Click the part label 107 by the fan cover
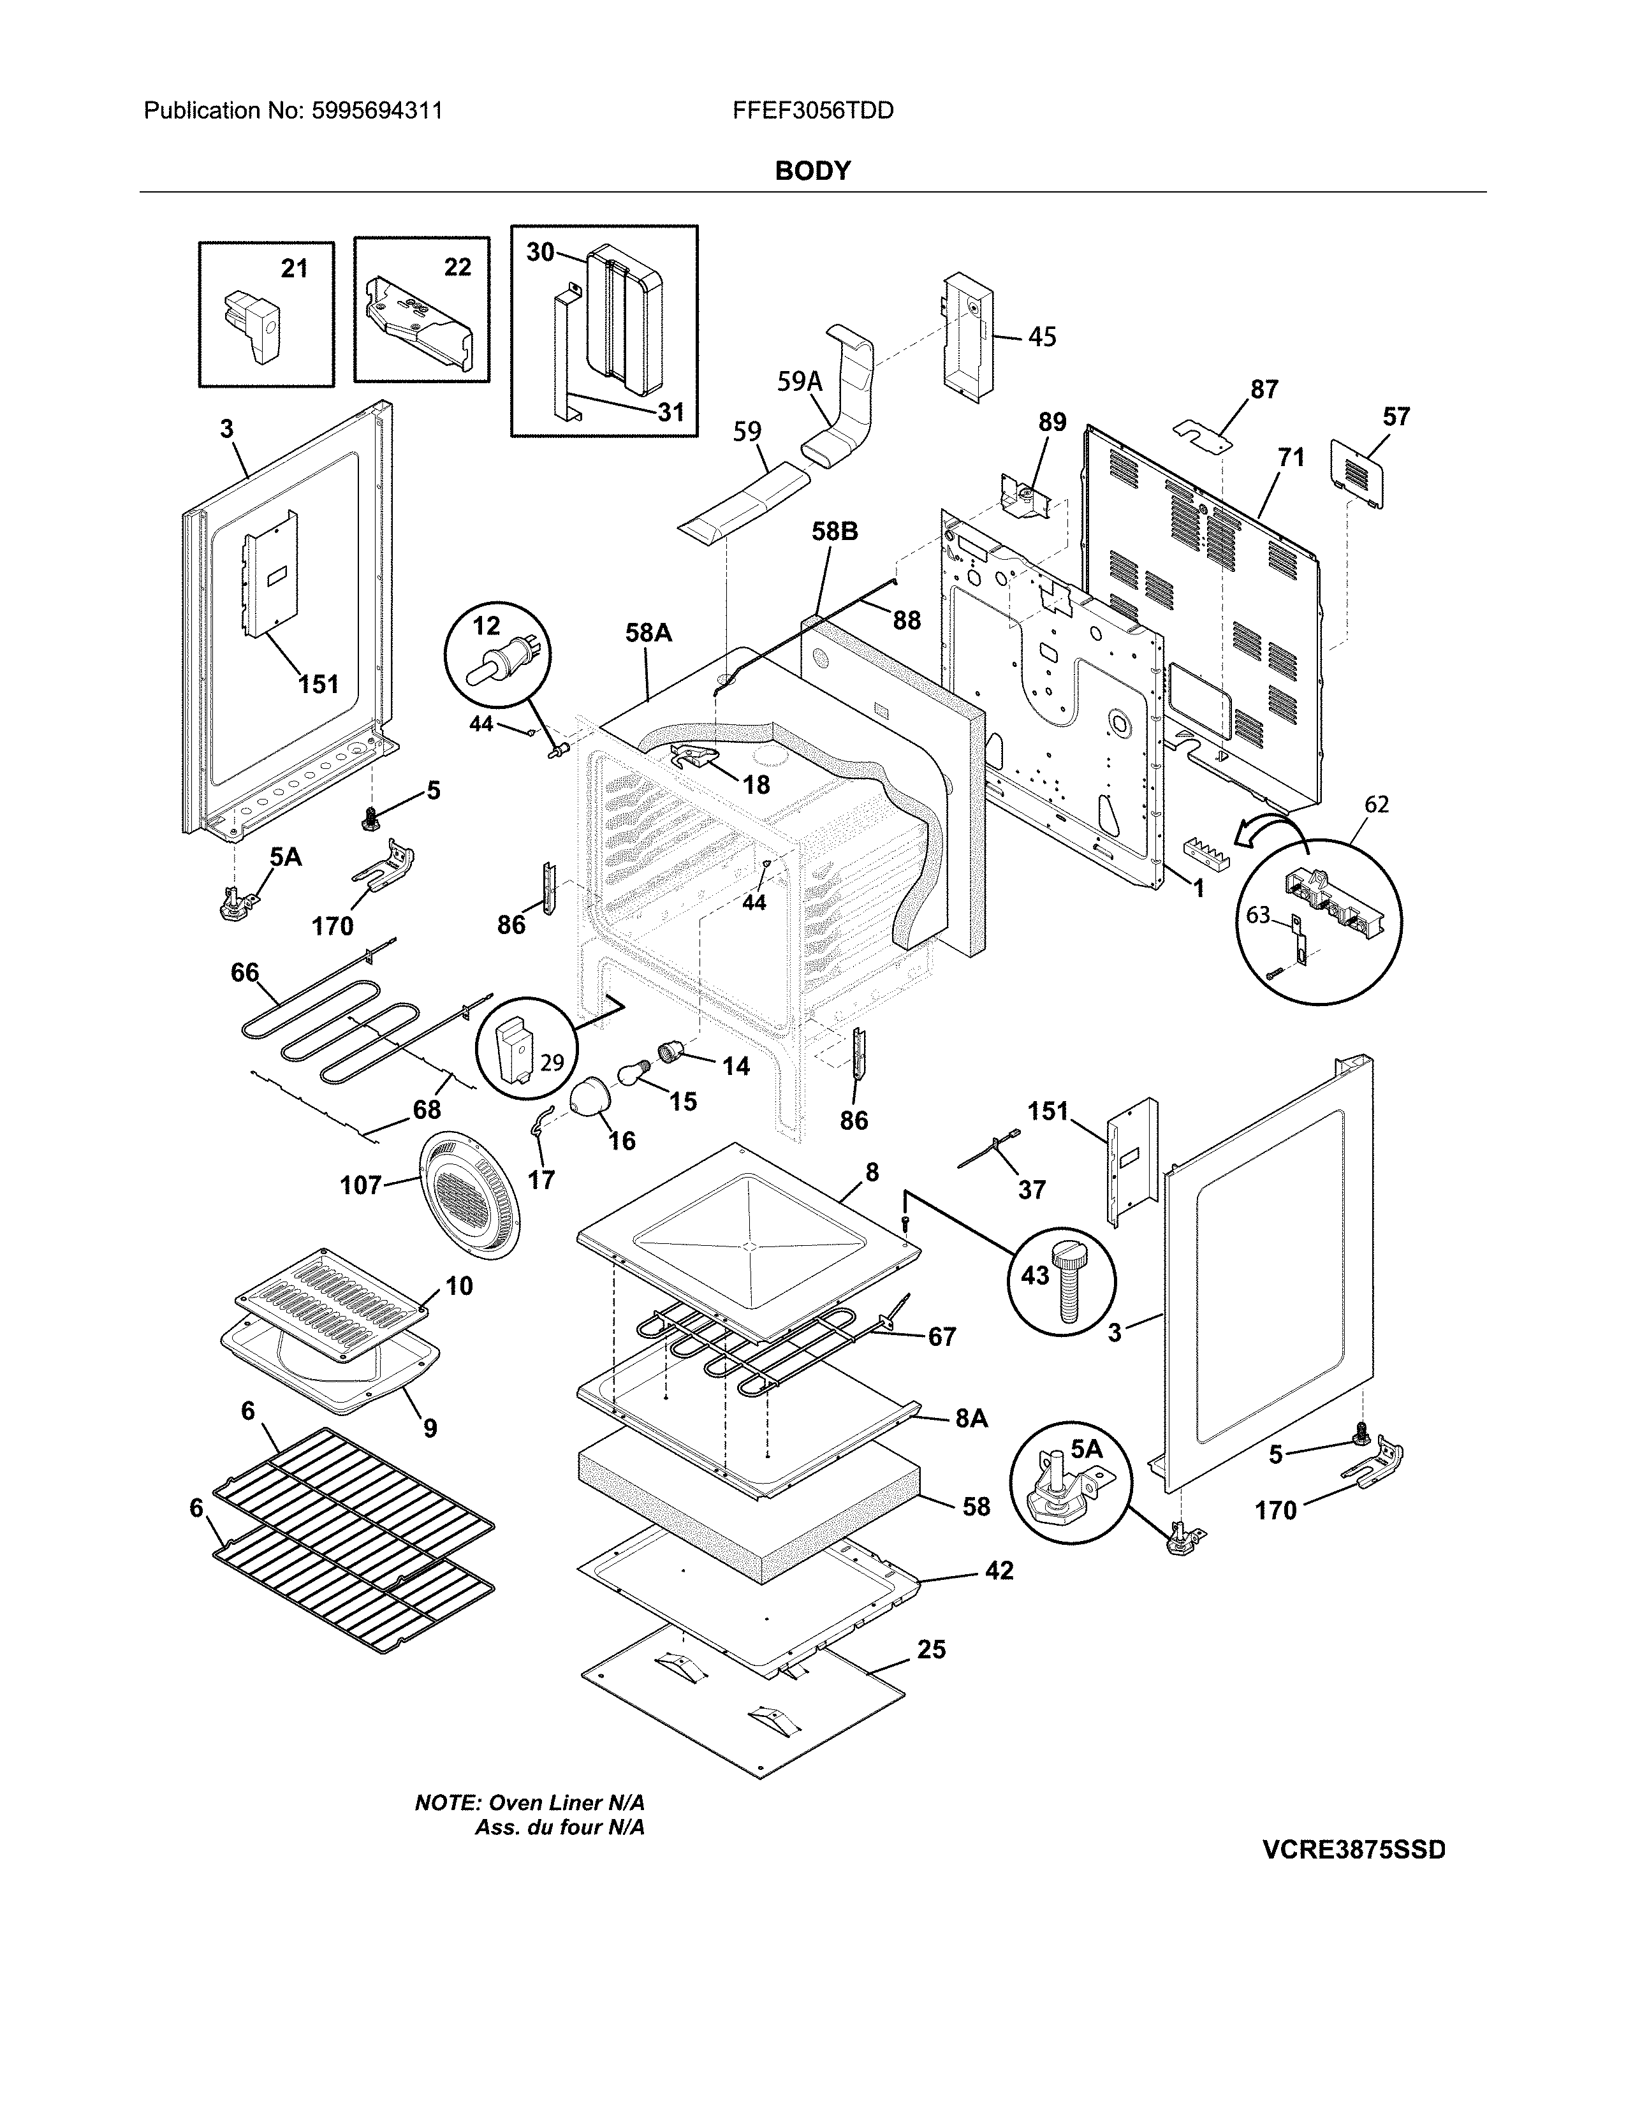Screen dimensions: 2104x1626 pyautogui.click(x=361, y=1185)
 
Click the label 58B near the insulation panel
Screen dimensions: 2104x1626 pyautogui.click(x=834, y=531)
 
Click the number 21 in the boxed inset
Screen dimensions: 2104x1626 pyautogui.click(x=294, y=269)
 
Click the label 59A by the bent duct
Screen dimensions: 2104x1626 pyautogui.click(x=800, y=383)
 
